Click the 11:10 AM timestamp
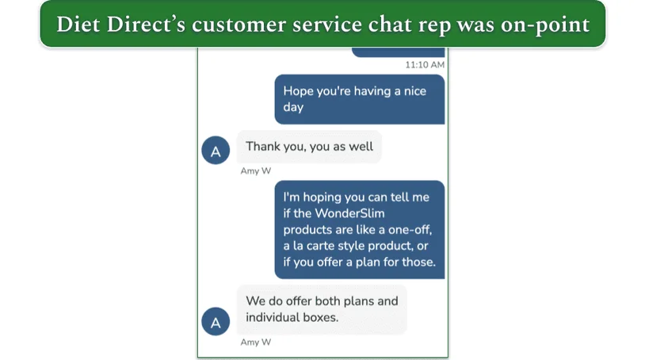pyautogui.click(x=425, y=64)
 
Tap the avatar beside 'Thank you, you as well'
pyautogui.click(x=216, y=148)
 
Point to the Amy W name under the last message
pyautogui.click(x=255, y=343)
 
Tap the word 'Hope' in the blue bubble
pyautogui.click(x=298, y=91)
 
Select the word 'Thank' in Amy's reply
pyautogui.click(x=263, y=147)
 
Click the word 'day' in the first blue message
pyautogui.click(x=293, y=107)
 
